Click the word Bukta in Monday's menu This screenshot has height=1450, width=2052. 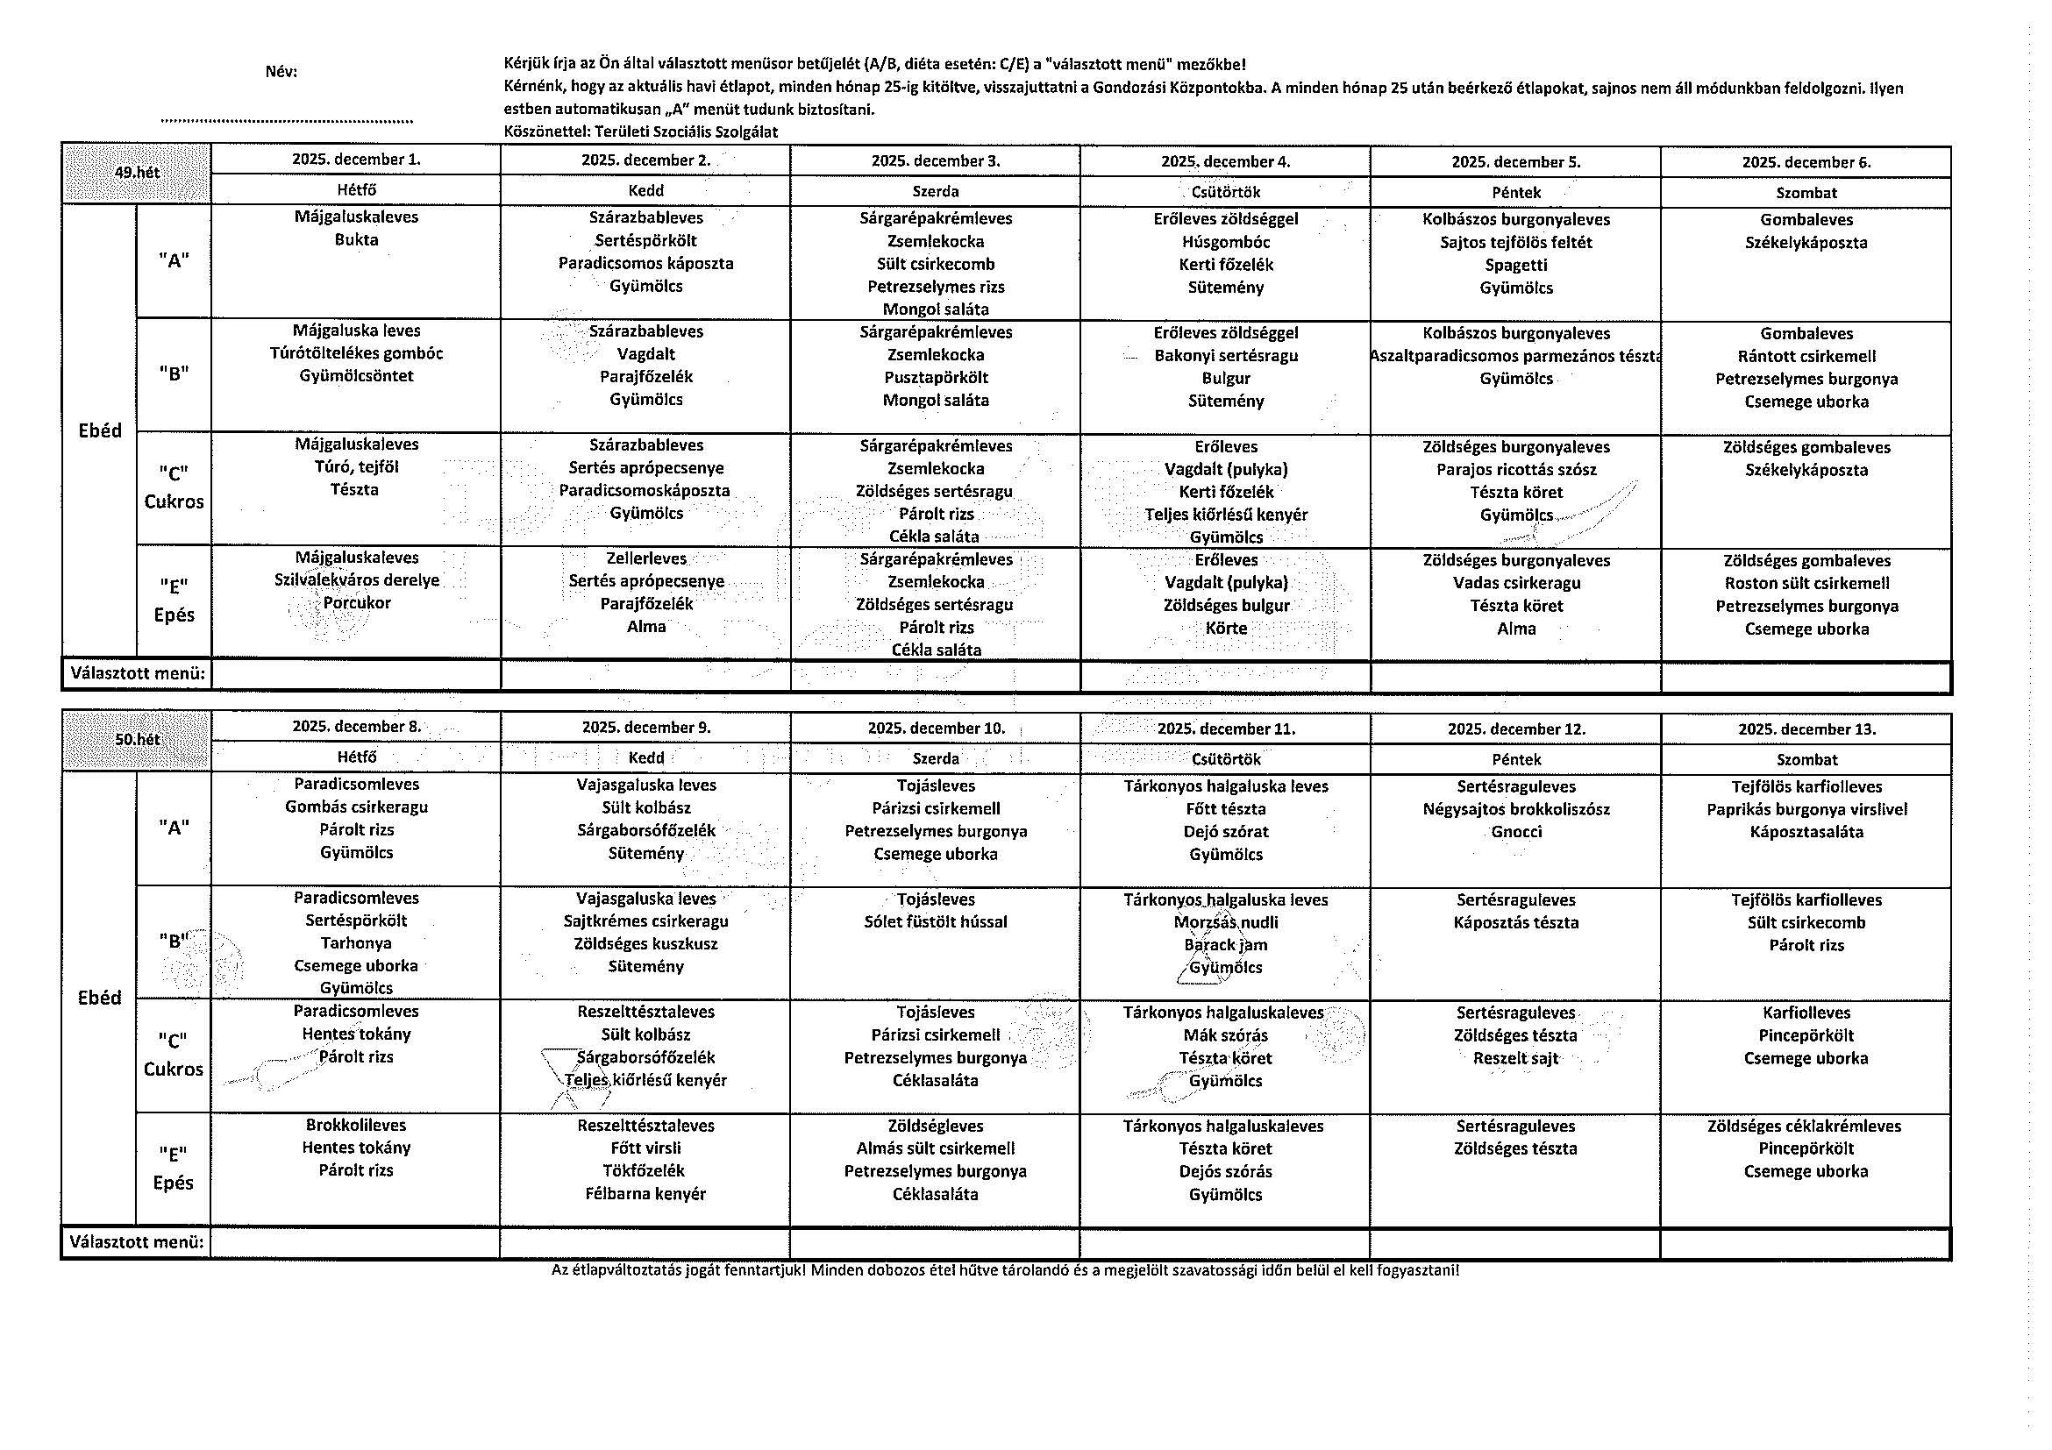tap(356, 239)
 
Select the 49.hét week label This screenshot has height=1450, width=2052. tap(137, 172)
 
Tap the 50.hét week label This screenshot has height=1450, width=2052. tap(137, 739)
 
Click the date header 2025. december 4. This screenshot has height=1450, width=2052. tap(1225, 161)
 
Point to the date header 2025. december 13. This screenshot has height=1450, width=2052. tap(1806, 729)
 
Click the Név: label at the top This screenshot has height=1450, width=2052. tap(281, 72)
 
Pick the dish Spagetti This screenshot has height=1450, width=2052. tap(1516, 266)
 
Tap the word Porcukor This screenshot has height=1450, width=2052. tap(357, 603)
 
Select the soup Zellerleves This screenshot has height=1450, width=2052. tap(646, 558)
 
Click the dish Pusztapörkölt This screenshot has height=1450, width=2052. tap(936, 378)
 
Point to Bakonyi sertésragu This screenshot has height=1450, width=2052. tap(1225, 356)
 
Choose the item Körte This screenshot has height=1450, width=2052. tap(1225, 628)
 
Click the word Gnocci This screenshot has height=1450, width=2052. tap(1516, 832)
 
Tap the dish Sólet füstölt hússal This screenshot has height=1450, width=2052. tap(935, 921)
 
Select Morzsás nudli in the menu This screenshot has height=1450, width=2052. tap(1225, 922)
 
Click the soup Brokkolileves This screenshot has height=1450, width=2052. tap(356, 1125)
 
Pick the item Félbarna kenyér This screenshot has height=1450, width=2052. tap(645, 1194)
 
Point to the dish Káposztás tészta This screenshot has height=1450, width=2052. tap(1516, 922)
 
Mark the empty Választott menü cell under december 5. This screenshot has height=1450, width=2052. tap(1516, 675)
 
